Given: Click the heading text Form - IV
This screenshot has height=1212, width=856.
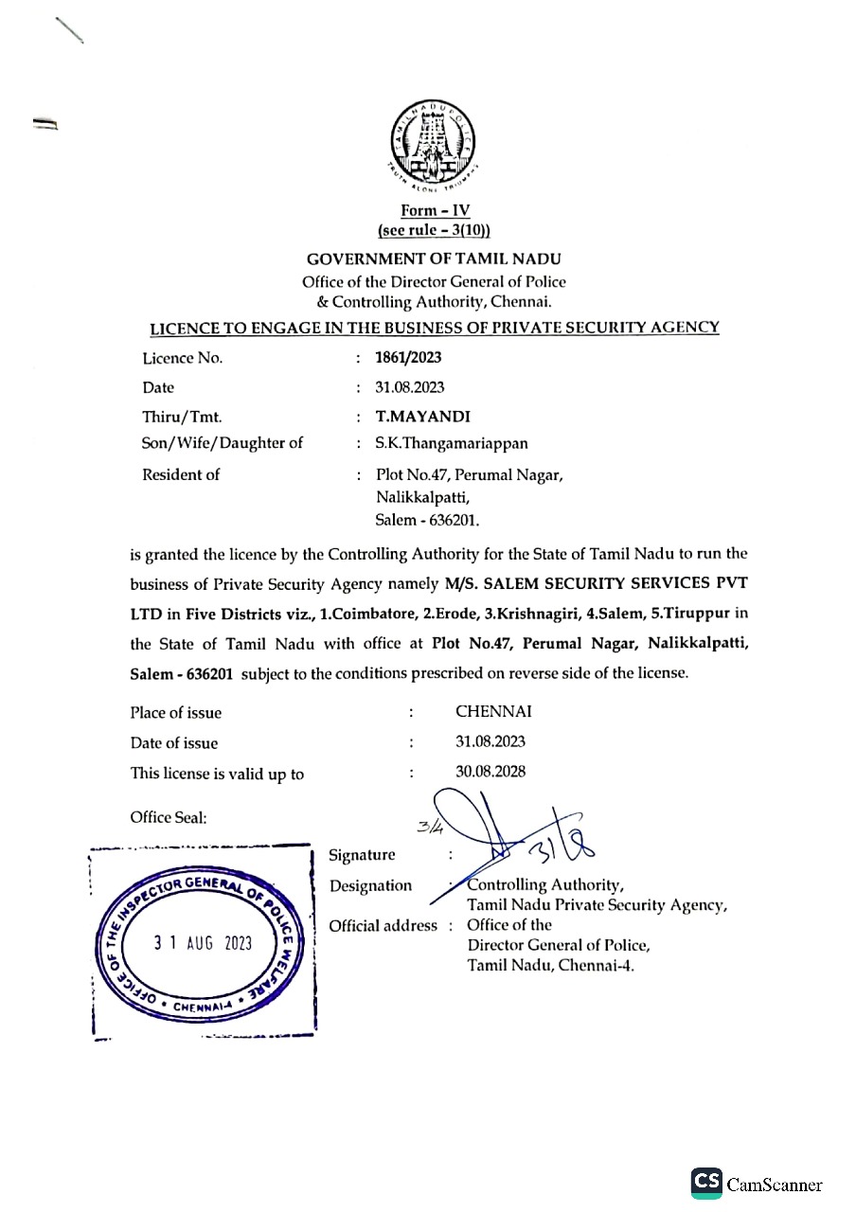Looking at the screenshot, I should [x=435, y=212].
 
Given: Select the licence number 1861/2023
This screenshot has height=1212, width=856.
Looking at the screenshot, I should [x=408, y=358].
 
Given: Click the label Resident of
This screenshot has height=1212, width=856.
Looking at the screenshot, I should [x=181, y=474].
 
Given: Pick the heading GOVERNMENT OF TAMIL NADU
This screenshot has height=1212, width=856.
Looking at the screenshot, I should [x=435, y=259].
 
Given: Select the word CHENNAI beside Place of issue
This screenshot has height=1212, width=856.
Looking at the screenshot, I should [x=493, y=712].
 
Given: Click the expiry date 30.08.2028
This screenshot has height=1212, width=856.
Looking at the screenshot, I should [x=490, y=772].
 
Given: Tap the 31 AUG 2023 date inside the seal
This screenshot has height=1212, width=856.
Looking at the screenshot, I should [x=203, y=944].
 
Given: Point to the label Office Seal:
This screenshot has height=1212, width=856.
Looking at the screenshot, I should [x=169, y=817].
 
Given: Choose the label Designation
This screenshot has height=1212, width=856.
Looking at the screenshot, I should [x=370, y=885].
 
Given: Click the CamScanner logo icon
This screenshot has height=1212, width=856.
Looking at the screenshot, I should [x=706, y=1182].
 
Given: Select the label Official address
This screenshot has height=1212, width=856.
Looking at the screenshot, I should [x=383, y=925].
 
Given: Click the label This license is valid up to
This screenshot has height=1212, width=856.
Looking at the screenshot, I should [x=217, y=774].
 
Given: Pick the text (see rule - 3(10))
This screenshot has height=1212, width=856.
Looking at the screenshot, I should [x=435, y=231].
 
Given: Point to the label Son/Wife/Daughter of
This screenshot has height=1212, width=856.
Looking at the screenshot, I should [x=223, y=442].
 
